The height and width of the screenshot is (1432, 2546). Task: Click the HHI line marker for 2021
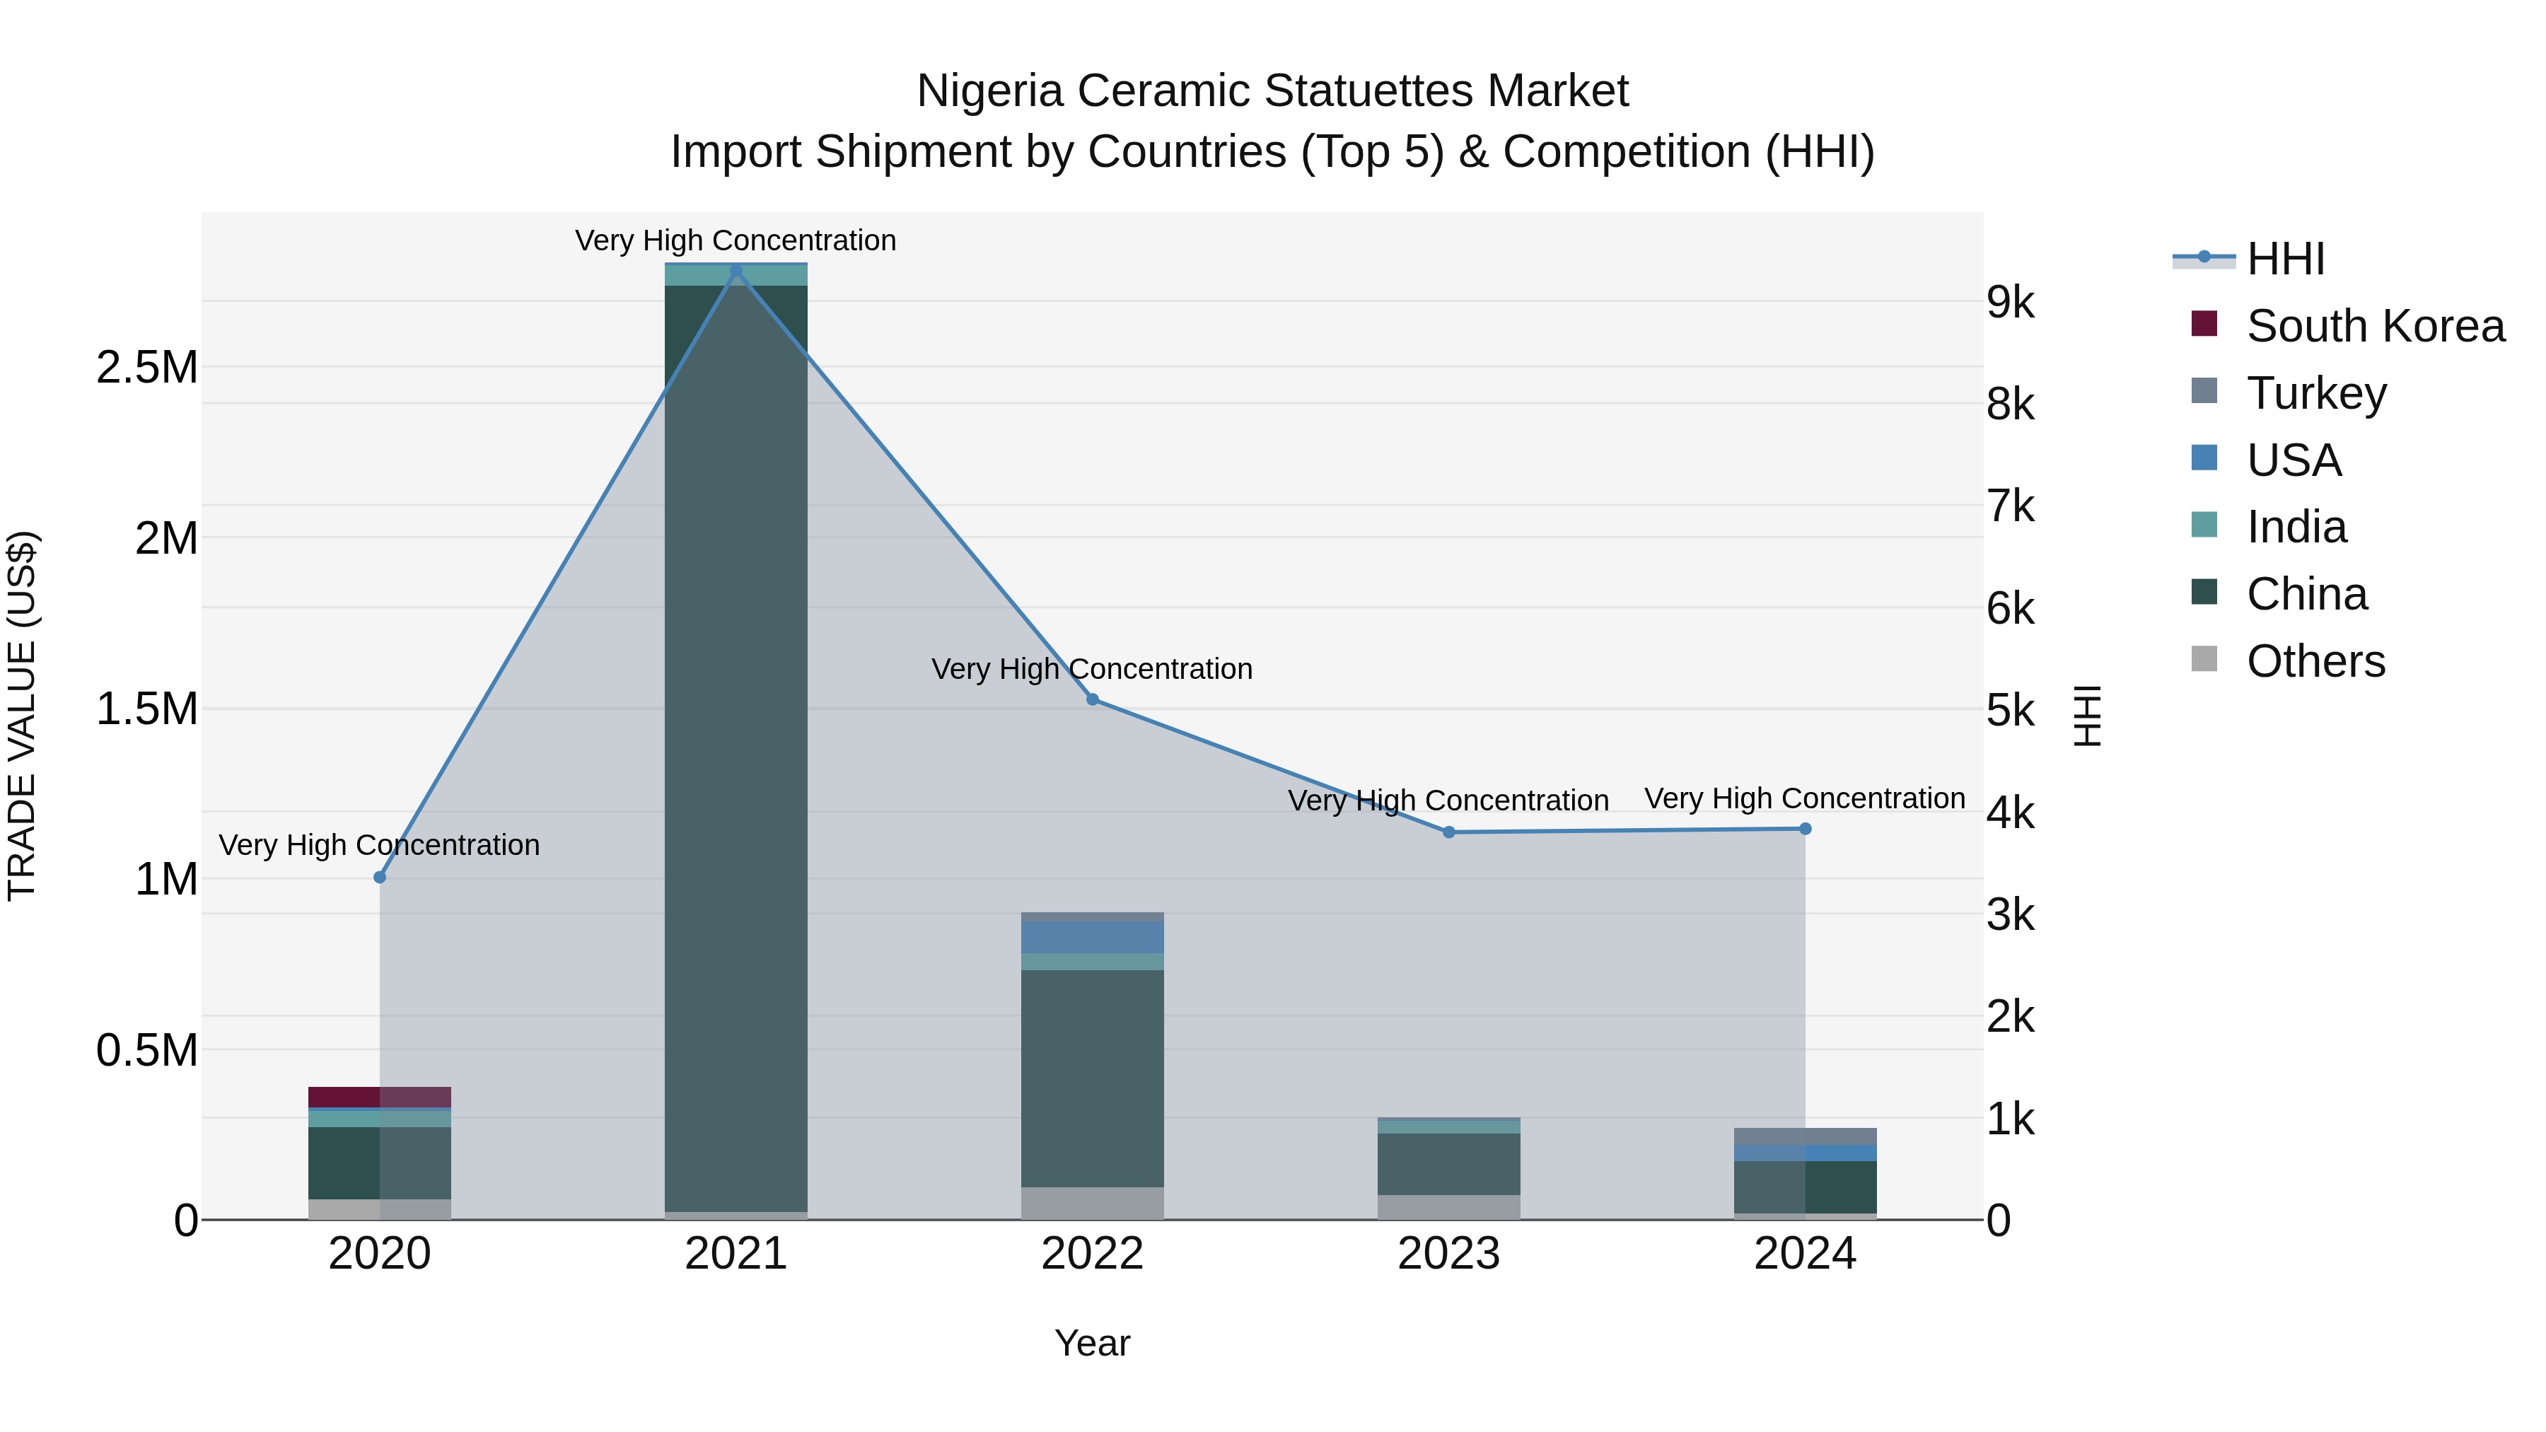[736, 271]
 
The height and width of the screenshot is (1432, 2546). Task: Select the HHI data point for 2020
[380, 877]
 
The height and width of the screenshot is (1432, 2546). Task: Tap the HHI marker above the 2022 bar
[1092, 699]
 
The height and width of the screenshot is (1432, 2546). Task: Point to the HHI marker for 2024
[1805, 829]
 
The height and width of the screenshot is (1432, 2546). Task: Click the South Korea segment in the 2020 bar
[380, 1097]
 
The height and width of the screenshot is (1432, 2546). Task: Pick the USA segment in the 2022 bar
[1092, 937]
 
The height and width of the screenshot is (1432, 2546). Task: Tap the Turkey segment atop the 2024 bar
[1805, 1136]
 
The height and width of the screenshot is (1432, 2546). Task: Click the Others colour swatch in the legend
[2204, 659]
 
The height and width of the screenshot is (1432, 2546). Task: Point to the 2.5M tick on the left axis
[147, 368]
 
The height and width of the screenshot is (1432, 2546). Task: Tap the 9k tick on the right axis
[2011, 303]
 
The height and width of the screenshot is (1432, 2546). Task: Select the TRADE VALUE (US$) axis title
[22, 716]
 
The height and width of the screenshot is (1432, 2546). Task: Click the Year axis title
[1092, 1343]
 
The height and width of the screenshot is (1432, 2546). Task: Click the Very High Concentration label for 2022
[1091, 669]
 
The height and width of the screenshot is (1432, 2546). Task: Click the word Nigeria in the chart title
[989, 91]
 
